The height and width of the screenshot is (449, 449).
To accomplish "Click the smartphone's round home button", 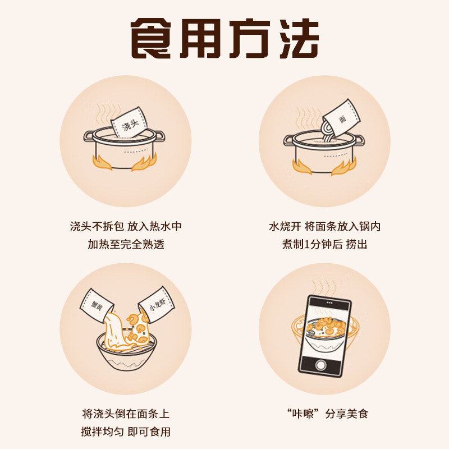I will pyautogui.click(x=321, y=365).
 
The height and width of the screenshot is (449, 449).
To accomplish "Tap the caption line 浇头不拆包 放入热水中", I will pyautogui.click(x=126, y=227).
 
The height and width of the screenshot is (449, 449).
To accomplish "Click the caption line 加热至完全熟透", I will pyautogui.click(x=126, y=245).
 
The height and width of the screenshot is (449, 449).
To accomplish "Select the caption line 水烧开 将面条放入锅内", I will pyautogui.click(x=325, y=227).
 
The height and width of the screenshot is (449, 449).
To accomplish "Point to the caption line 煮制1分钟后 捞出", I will pyautogui.click(x=325, y=245).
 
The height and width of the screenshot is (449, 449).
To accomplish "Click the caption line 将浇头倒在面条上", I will pyautogui.click(x=126, y=414).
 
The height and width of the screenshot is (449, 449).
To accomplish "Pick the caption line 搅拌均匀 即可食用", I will pyautogui.click(x=126, y=432).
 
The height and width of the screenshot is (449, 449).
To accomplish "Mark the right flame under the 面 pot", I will pyautogui.click(x=343, y=166).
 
